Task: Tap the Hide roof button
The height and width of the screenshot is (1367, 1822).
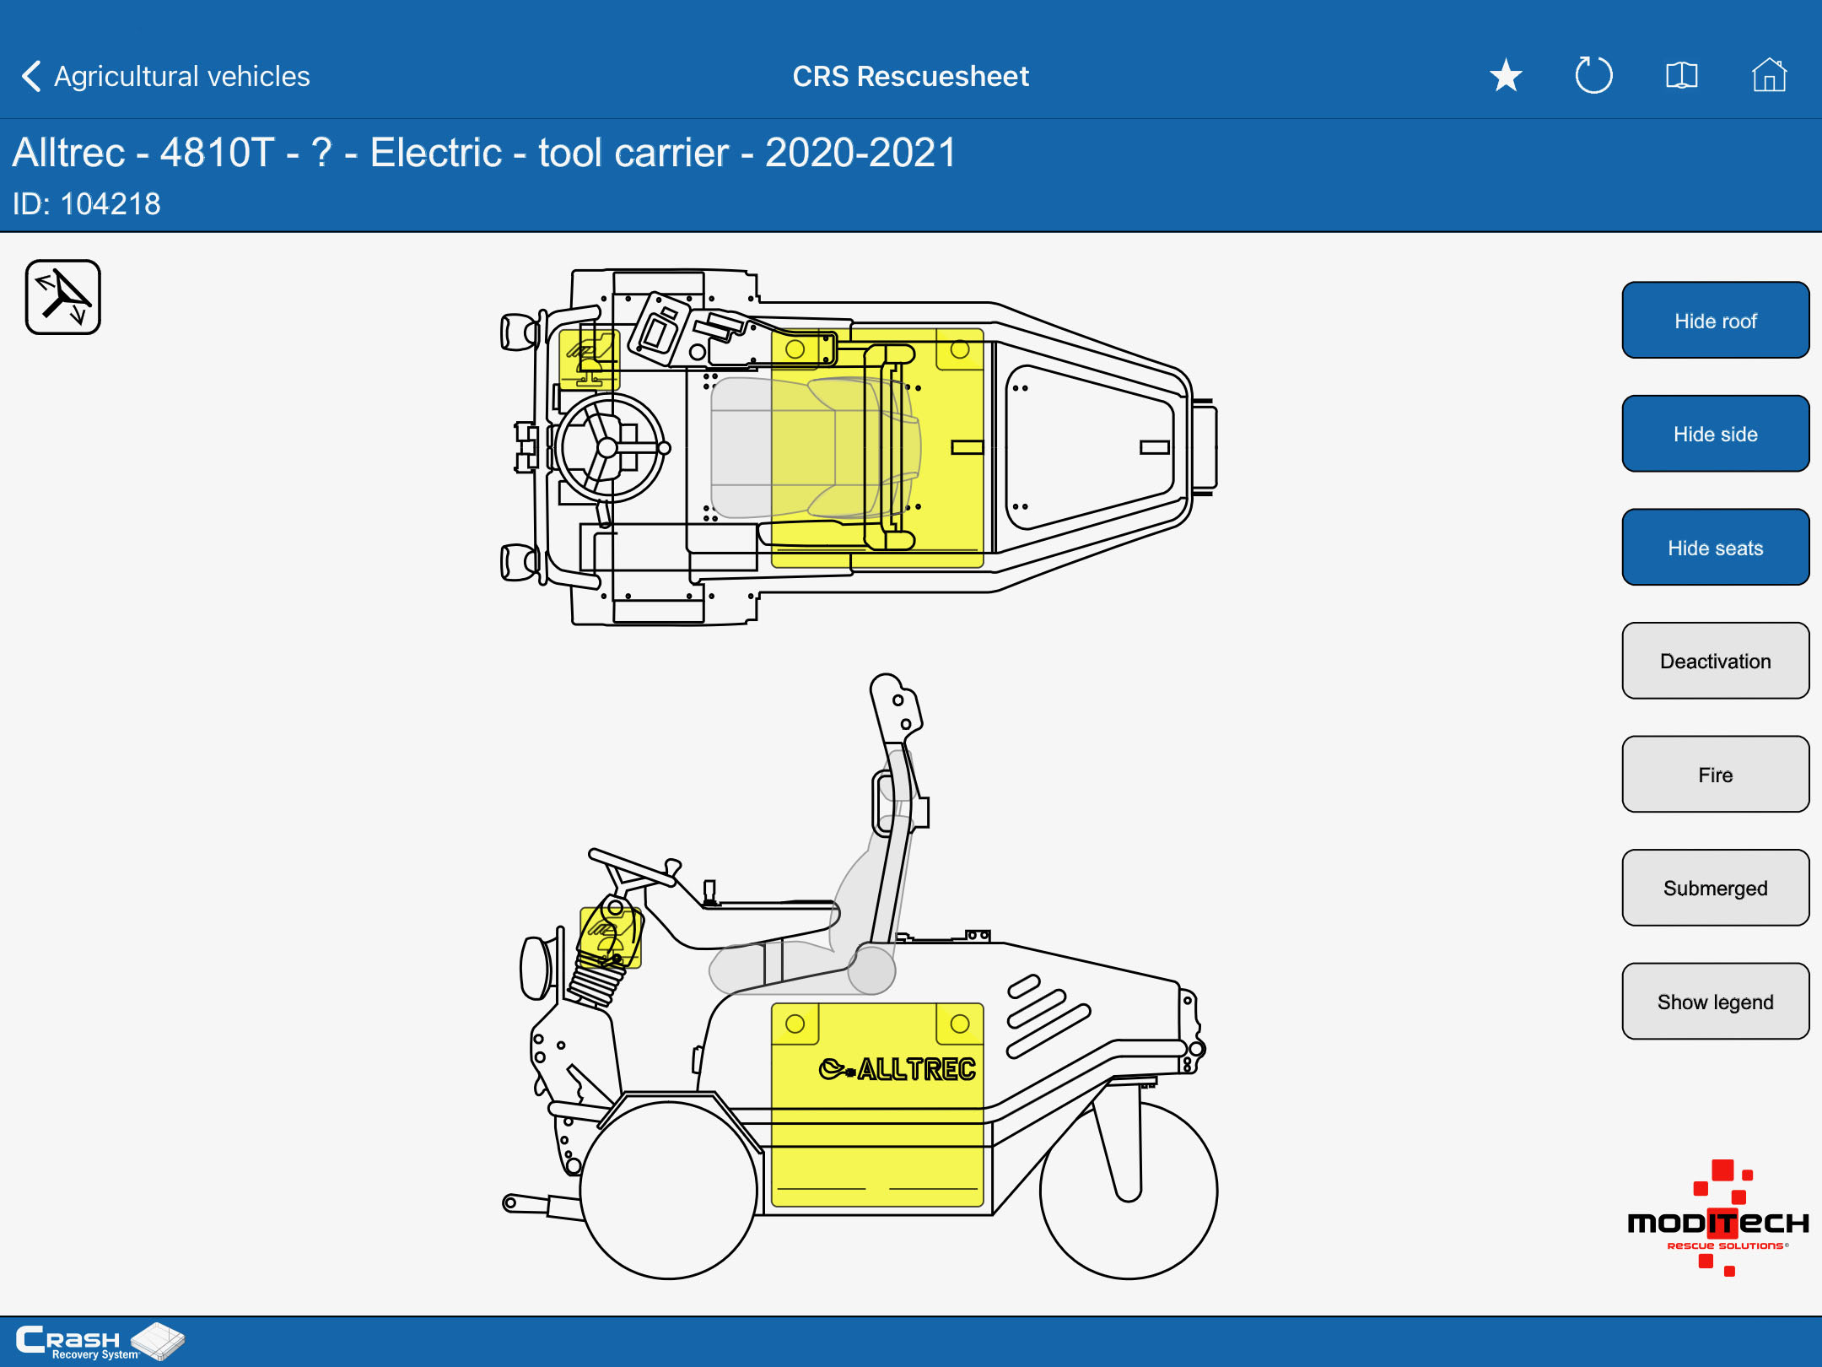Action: click(1715, 321)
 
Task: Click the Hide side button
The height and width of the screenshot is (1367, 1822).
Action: click(1715, 434)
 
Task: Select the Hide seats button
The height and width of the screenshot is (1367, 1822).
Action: click(1715, 548)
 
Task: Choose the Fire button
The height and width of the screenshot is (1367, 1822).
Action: click(1715, 775)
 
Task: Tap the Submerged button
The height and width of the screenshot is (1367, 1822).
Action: click(1715, 888)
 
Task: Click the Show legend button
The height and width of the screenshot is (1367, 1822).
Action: click(1715, 1002)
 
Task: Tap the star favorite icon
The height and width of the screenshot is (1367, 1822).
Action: click(1506, 76)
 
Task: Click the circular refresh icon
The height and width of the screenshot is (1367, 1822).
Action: click(1593, 75)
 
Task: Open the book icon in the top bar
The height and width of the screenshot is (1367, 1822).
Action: click(1681, 76)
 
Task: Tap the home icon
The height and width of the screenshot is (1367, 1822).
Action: click(1769, 75)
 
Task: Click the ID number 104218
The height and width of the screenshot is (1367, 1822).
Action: click(111, 204)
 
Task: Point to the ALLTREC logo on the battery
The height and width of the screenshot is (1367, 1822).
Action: click(898, 1069)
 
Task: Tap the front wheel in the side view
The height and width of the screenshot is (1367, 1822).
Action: click(668, 1190)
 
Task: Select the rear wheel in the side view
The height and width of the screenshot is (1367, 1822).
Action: click(1129, 1190)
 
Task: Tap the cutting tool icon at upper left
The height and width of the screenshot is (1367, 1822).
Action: click(63, 297)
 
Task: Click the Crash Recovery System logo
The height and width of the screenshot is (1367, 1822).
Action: click(100, 1342)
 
